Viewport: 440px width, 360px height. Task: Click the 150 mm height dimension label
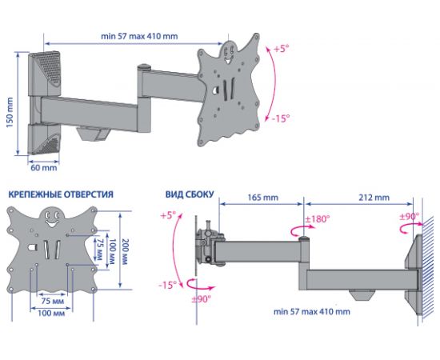[10, 113]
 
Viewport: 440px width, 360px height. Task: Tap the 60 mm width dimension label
[44, 168]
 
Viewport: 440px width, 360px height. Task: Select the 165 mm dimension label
[262, 198]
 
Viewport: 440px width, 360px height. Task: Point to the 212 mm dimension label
[374, 198]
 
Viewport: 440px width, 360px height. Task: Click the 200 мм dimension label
[124, 252]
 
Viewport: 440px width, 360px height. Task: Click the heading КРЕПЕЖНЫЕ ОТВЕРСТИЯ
[61, 194]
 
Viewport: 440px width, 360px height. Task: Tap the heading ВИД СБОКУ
[190, 194]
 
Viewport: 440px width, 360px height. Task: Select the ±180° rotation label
[318, 219]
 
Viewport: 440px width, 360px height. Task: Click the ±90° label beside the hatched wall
[410, 216]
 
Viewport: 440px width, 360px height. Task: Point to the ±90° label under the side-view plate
[201, 299]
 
